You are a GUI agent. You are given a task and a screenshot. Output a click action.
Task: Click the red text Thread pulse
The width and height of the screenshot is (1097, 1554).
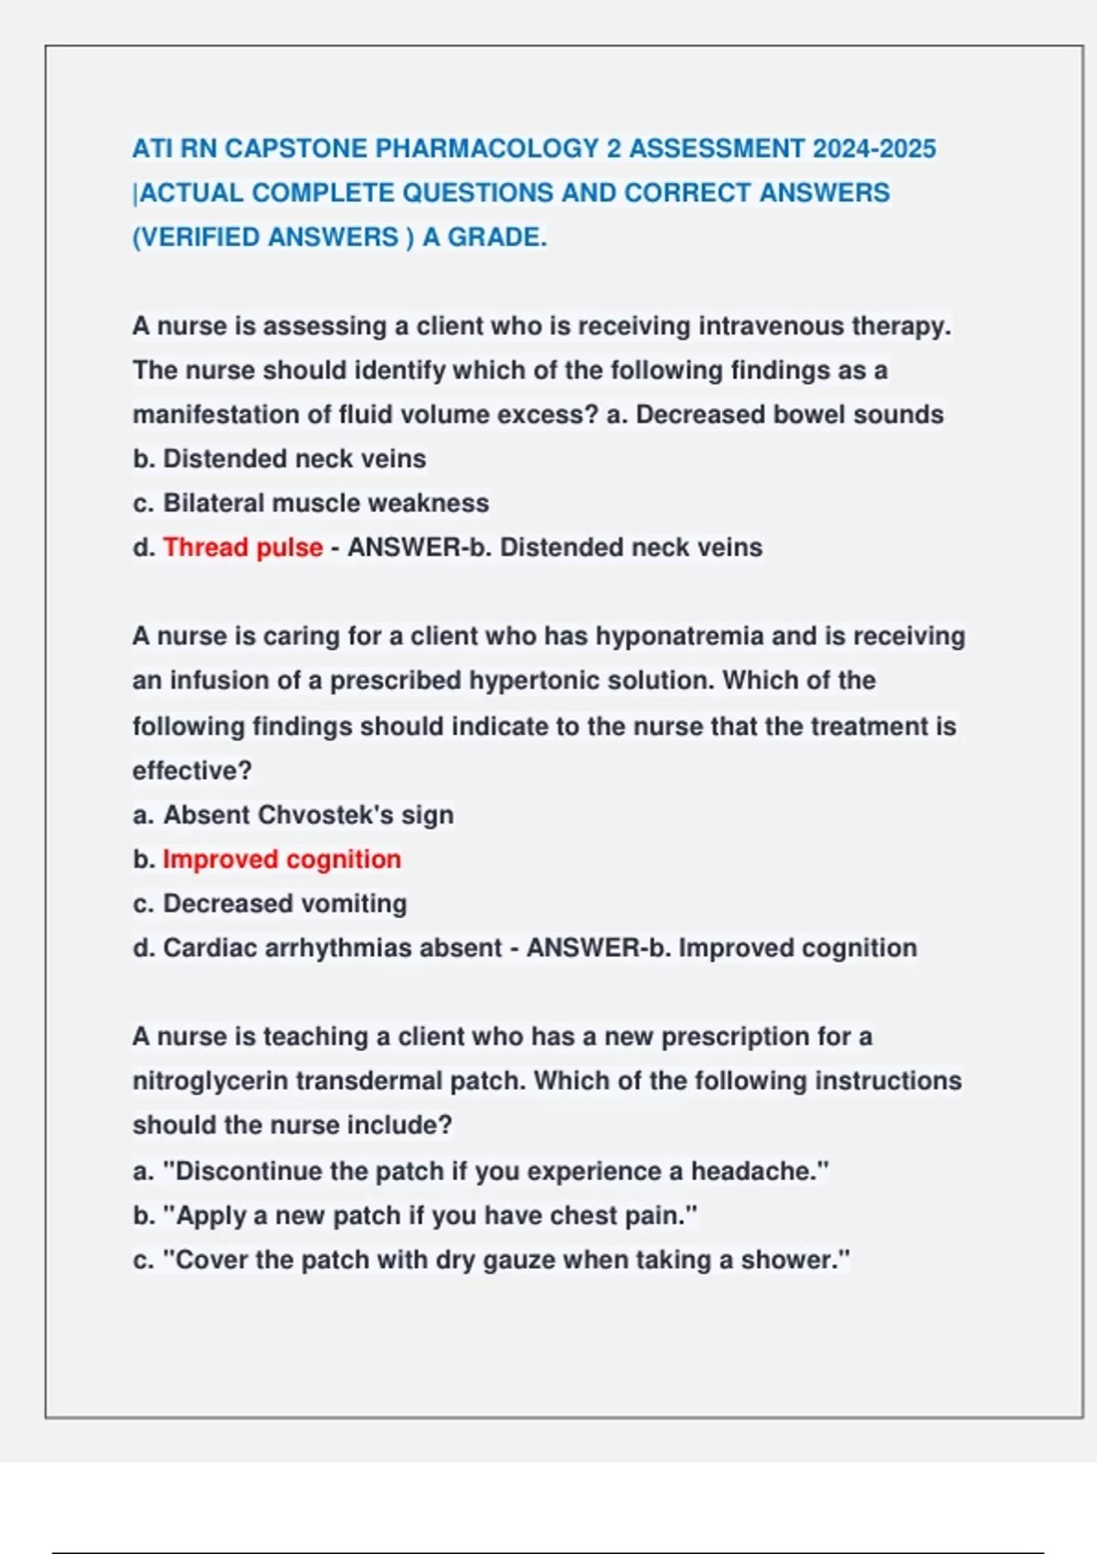coord(242,548)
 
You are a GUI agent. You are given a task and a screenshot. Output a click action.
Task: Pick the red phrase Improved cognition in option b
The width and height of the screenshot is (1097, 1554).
coord(282,859)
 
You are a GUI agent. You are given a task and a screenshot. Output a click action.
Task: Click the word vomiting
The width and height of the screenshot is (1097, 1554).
coord(354,903)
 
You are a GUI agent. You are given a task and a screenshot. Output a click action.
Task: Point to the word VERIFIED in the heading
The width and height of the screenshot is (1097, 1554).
coord(201,238)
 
